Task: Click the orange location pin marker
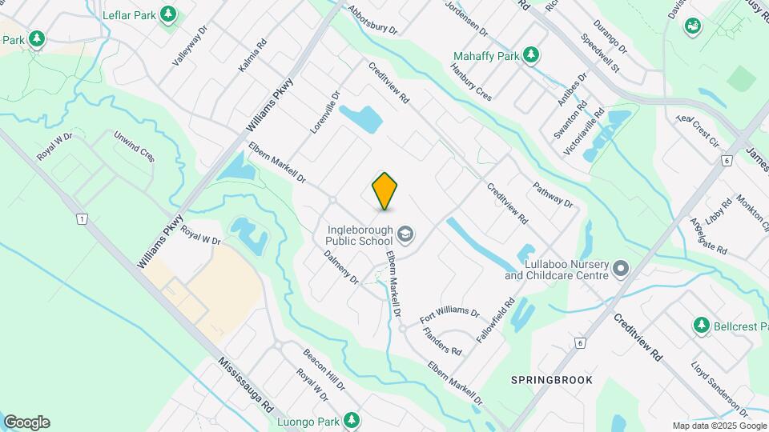click(385, 191)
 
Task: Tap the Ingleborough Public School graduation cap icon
click(405, 234)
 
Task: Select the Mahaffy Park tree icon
click(530, 55)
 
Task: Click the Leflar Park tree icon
click(167, 14)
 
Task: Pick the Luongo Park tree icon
click(351, 419)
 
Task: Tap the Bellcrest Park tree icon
click(702, 326)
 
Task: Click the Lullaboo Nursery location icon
click(621, 270)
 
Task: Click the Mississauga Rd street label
click(245, 384)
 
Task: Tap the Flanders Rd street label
click(442, 342)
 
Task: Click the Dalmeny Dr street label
click(341, 266)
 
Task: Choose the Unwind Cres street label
click(134, 146)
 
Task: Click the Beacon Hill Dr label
click(324, 369)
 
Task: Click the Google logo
click(26, 422)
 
